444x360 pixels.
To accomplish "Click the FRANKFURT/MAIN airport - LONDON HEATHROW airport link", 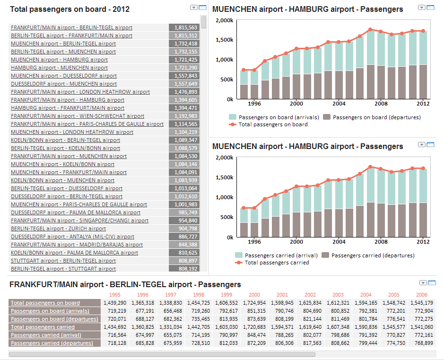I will (80, 92).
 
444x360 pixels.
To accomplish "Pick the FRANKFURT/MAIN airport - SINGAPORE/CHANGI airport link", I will (79, 220).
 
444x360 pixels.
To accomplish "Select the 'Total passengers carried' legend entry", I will (276, 263).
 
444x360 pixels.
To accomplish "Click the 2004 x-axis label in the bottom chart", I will (339, 241).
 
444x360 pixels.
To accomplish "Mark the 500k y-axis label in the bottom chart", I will (226, 217).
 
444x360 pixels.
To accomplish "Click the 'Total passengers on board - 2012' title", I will (70, 9).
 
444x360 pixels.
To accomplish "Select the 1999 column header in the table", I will (226, 295).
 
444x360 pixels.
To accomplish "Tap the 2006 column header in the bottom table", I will (421, 295).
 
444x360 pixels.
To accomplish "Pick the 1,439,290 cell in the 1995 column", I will (115, 303).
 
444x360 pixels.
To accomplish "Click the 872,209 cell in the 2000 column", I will (254, 343).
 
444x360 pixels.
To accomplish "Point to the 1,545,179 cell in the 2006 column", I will (422, 303).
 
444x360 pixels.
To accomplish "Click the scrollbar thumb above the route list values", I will (204, 22).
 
